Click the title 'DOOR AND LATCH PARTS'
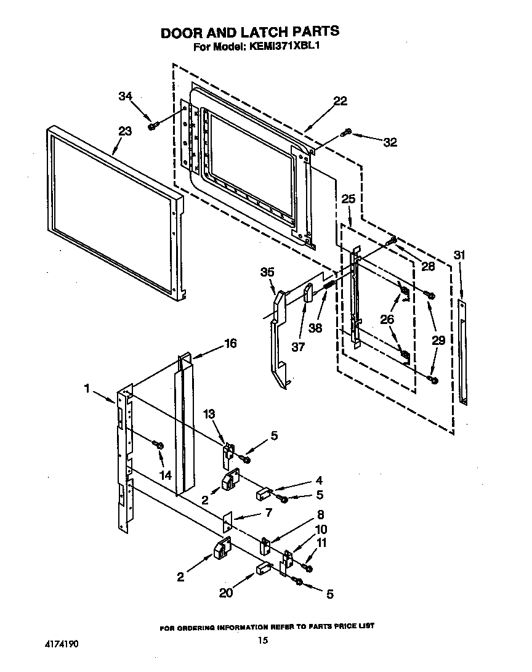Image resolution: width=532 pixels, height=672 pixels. [250, 32]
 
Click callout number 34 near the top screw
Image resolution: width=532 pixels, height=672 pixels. [125, 96]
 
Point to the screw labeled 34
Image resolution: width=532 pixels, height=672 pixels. [151, 126]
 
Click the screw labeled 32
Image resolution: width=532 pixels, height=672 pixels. [347, 131]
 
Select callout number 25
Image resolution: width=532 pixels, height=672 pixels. [349, 199]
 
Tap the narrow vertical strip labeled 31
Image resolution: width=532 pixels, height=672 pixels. [463, 351]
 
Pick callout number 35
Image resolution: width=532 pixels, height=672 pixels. [267, 272]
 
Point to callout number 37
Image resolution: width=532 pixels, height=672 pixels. [298, 347]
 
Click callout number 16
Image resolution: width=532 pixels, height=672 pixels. [230, 344]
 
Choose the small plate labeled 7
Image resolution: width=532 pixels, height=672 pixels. [227, 522]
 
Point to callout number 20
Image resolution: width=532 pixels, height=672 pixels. [225, 593]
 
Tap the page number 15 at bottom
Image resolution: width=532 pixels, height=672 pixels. [263, 641]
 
